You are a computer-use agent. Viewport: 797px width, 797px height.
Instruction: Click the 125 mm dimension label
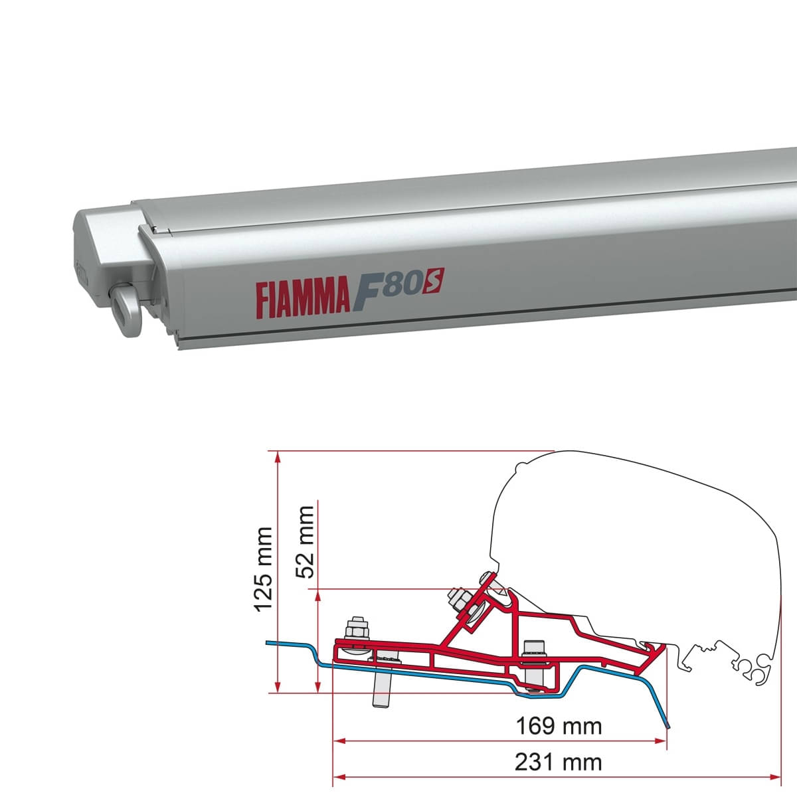(x=264, y=569)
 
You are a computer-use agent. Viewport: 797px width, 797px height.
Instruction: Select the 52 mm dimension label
(x=305, y=541)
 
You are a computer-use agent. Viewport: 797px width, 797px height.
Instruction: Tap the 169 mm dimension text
(x=559, y=726)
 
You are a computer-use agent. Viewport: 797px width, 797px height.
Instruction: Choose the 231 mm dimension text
(x=559, y=762)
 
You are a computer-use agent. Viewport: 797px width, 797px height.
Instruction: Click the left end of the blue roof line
(x=267, y=643)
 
